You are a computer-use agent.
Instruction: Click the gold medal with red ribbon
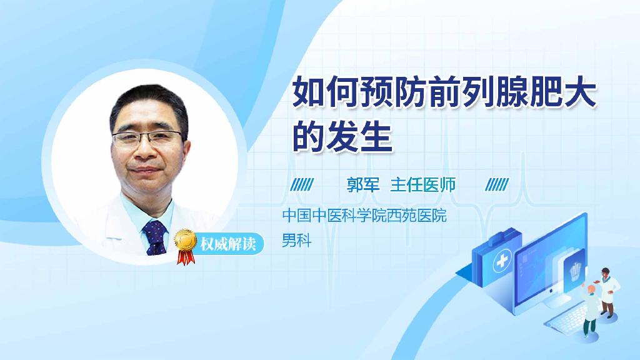[x=185, y=245]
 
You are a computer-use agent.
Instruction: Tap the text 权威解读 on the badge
[x=228, y=244]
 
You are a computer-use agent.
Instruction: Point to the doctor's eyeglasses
[x=147, y=137]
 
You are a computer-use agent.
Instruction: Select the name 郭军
[x=363, y=185]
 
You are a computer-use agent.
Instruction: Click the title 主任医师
[x=423, y=185]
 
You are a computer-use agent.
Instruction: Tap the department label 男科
[x=297, y=240]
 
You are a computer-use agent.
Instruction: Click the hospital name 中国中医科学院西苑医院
[x=364, y=215]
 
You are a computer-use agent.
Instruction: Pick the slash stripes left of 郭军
[x=302, y=184]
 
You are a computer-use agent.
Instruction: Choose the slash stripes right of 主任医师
[x=497, y=184]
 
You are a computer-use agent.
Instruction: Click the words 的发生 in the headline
[x=342, y=136]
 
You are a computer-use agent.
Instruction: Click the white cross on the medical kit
[x=502, y=261]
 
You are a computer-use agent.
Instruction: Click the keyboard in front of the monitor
[x=568, y=319]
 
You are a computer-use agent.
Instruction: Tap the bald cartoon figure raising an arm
[x=590, y=309]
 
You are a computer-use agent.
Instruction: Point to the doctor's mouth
[x=144, y=169]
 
